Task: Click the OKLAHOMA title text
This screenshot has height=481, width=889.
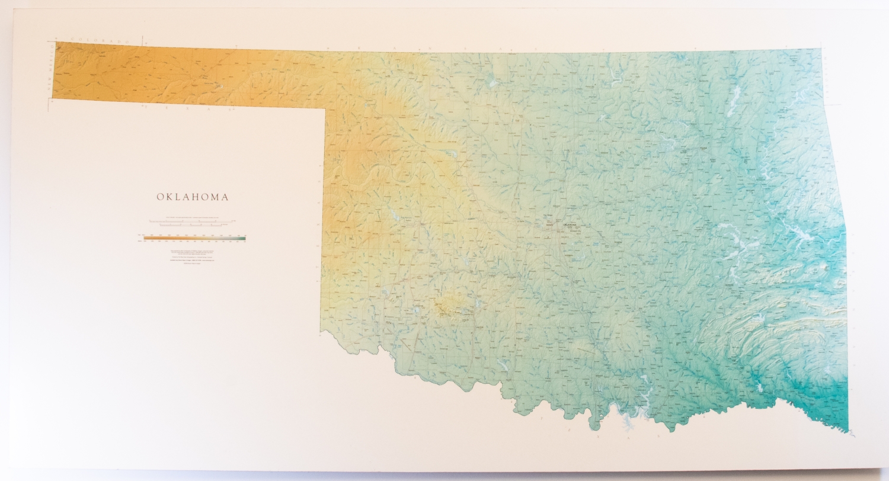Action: point(192,197)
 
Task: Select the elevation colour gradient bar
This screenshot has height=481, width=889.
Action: point(194,238)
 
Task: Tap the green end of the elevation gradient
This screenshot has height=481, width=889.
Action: point(242,238)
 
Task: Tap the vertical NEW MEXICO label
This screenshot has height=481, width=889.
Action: point(50,71)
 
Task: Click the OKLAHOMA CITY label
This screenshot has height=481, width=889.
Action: point(569,226)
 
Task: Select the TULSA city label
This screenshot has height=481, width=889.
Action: point(703,148)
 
